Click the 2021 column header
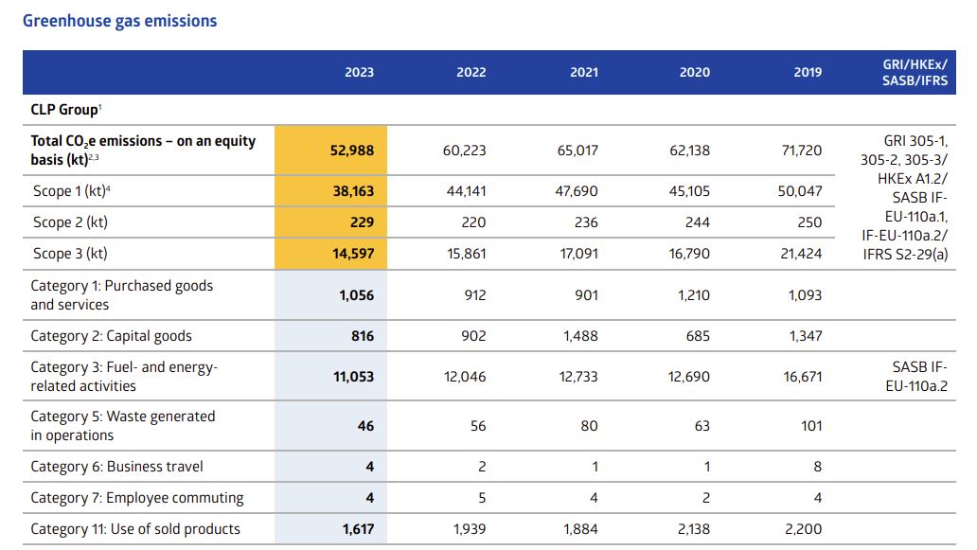coord(584,72)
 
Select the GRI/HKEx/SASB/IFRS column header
coord(915,72)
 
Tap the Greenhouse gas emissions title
coord(119,21)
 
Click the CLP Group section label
coord(65,110)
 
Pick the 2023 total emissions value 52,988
coord(352,151)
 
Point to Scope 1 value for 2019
coord(800,191)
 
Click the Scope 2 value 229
coord(362,222)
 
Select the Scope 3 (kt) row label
coord(70,254)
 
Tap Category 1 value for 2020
coord(694,295)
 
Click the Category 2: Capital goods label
coord(112,336)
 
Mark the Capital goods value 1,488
coord(580,336)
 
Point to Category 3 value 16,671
coord(803,377)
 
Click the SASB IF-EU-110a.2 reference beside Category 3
coord(916,376)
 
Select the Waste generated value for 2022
coord(478,426)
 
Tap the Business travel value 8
coord(818,467)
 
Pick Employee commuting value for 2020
coord(706,498)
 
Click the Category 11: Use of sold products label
coord(135,529)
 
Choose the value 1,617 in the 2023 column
coord(358,529)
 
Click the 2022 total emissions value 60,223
coord(464,151)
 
